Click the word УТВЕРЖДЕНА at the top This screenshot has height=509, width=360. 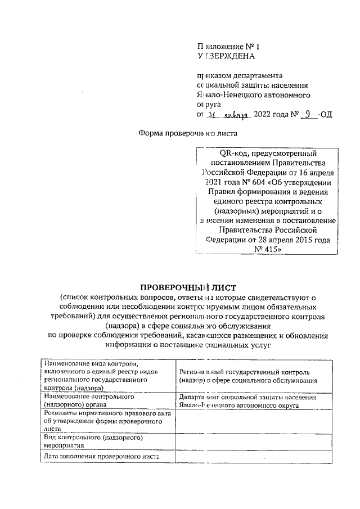(x=225, y=56)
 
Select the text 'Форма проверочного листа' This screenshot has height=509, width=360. (x=188, y=134)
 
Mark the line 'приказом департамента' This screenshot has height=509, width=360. (x=236, y=75)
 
